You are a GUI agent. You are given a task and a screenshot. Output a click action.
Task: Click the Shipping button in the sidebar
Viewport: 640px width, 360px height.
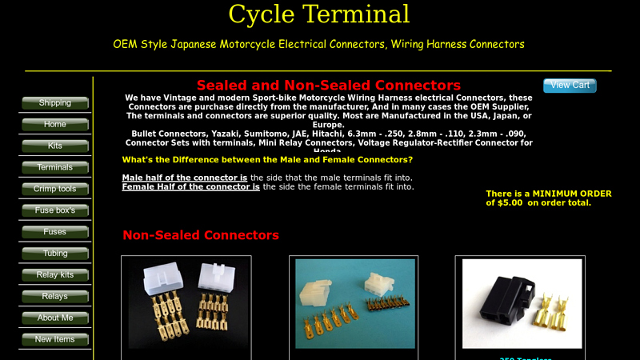[x=54, y=103]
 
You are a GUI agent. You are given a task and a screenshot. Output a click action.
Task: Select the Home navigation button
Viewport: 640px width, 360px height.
[x=54, y=125]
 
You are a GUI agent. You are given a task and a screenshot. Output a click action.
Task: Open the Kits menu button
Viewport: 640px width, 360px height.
[x=54, y=146]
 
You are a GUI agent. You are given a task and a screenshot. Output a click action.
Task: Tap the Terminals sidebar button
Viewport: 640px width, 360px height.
[x=54, y=168]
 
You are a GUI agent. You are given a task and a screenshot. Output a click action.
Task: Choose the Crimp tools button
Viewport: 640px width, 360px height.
[x=54, y=190]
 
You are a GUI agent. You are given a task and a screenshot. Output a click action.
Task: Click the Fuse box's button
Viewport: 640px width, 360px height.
[x=54, y=210]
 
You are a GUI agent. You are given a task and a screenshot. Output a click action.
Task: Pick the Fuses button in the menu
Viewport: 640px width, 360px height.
[x=54, y=232]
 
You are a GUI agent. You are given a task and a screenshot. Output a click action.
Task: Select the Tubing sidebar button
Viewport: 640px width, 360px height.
[x=54, y=254]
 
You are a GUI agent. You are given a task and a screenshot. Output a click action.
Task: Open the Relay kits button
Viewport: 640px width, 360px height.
[x=54, y=275]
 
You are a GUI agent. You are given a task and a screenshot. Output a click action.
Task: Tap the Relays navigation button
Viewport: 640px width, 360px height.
[x=54, y=297]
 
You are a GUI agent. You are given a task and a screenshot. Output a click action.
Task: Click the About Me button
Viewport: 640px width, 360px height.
[x=54, y=318]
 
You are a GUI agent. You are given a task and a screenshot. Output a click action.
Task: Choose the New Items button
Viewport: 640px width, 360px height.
[x=54, y=340]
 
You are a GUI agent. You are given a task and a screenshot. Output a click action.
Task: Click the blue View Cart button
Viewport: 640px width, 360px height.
[x=570, y=86]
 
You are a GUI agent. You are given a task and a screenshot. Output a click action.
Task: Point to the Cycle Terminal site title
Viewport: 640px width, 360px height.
[x=318, y=14]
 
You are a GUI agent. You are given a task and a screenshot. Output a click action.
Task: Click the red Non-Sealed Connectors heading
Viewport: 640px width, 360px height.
[x=200, y=235]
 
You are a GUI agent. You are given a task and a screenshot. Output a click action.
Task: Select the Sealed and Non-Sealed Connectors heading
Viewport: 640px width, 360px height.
[x=328, y=86]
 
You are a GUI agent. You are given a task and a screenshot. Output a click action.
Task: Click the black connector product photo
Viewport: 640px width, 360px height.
[x=522, y=303]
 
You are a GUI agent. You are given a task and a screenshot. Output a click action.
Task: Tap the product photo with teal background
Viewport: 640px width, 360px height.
[x=354, y=303]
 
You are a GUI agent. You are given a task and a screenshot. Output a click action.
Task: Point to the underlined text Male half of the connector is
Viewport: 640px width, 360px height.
[x=184, y=178]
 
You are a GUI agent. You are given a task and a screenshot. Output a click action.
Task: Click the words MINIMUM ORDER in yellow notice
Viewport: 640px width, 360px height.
[x=572, y=194]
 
